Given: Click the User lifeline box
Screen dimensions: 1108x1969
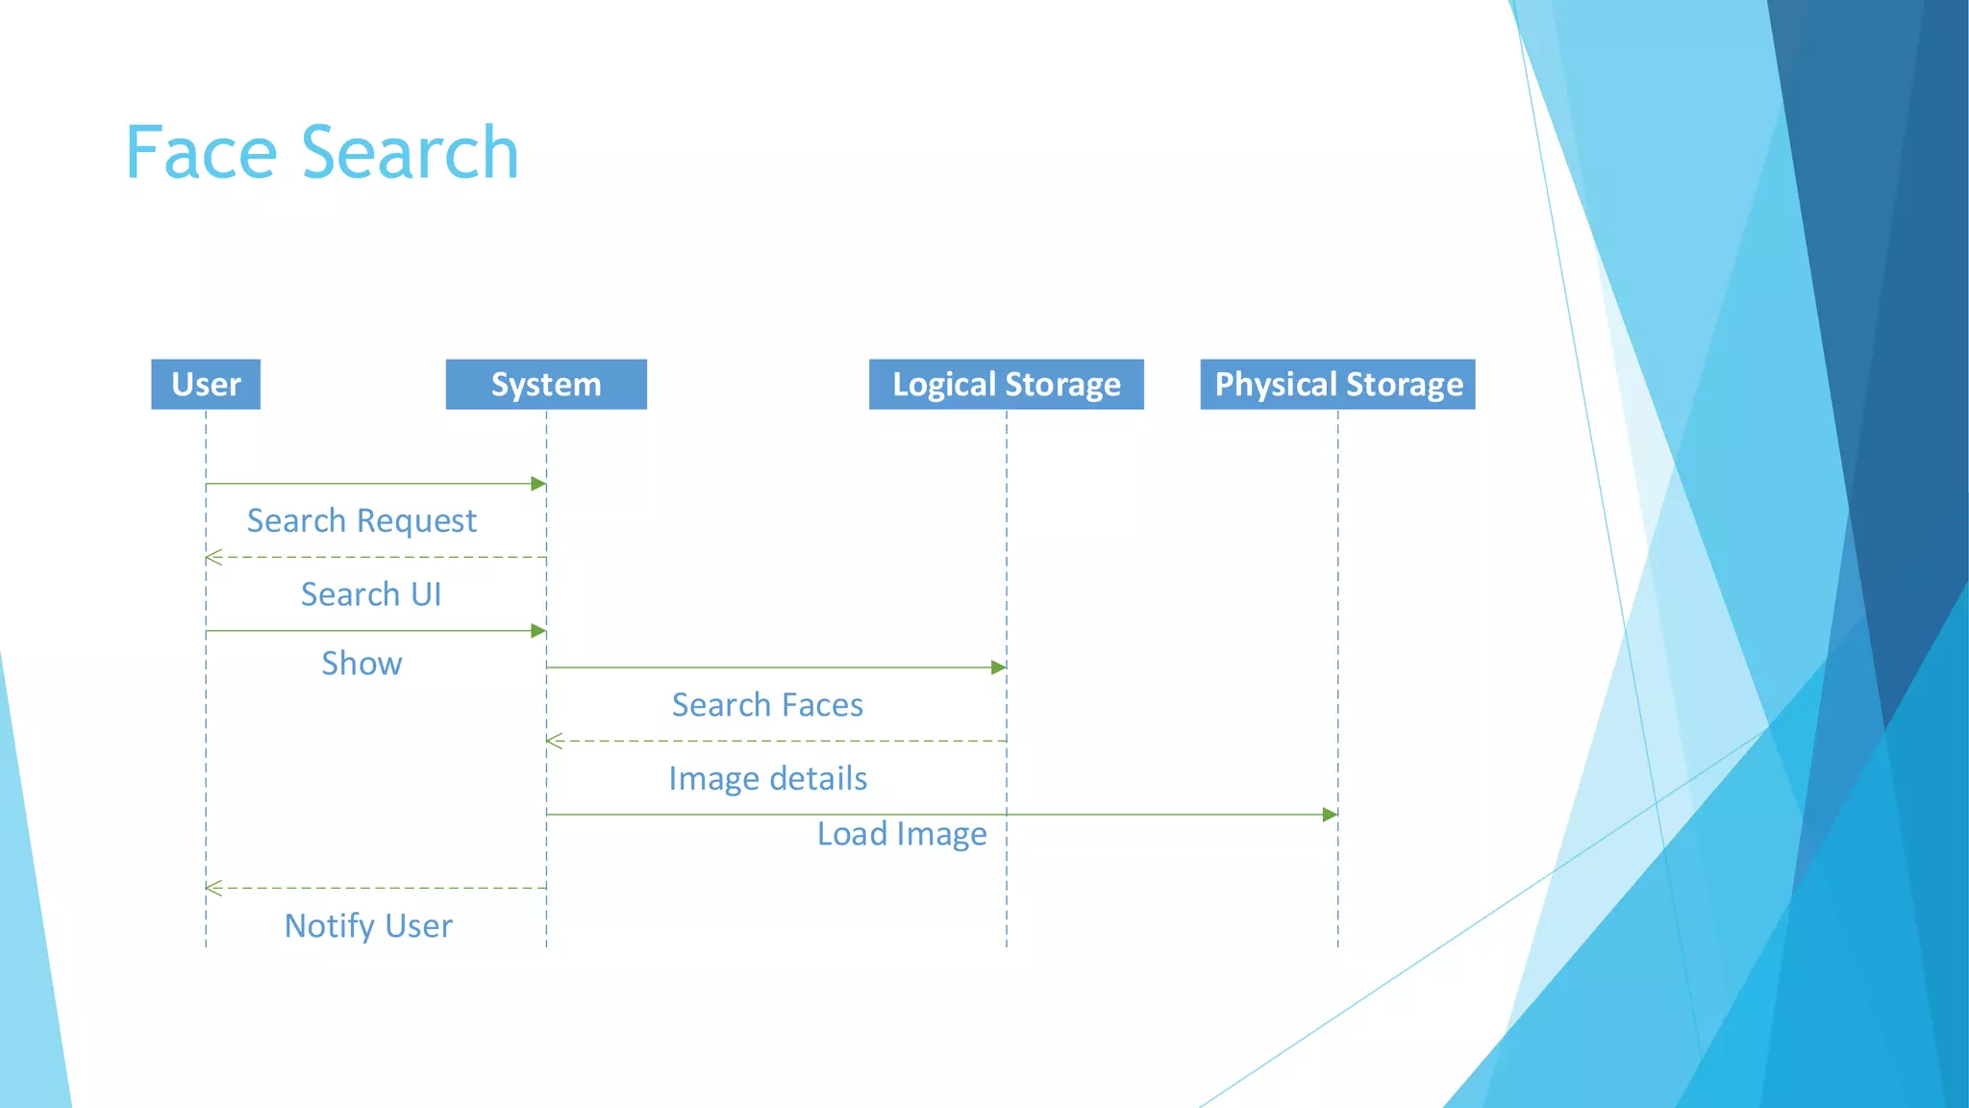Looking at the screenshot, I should click(x=206, y=385).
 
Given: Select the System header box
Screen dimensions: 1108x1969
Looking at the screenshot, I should click(x=546, y=385).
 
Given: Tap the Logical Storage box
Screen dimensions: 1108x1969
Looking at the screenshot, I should click(x=1006, y=385).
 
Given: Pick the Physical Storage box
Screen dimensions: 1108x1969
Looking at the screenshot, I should click(x=1337, y=385).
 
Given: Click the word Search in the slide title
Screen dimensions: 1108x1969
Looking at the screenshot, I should click(x=411, y=153).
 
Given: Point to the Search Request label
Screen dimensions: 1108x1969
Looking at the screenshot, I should click(x=361, y=520).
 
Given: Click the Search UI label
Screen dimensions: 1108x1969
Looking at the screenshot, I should click(x=371, y=594).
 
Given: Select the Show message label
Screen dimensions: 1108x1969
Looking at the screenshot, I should click(x=361, y=664).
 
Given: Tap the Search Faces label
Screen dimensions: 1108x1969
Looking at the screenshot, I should click(x=767, y=705).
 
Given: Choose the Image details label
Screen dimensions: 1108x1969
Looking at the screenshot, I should click(x=767, y=778).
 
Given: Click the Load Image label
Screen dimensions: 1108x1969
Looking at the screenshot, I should click(x=902, y=834).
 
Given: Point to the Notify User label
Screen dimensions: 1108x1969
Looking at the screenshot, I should click(x=368, y=925).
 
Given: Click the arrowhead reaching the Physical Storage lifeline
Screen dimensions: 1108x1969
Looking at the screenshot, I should click(x=1330, y=815).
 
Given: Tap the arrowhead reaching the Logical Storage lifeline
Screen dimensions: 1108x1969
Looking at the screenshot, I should click(x=999, y=667).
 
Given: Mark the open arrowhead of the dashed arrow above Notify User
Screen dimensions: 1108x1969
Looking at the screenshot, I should click(x=213, y=888).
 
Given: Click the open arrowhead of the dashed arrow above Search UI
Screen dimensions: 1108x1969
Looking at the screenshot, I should click(x=213, y=557).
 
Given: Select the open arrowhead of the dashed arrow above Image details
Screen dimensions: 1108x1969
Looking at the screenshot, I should click(x=554, y=741).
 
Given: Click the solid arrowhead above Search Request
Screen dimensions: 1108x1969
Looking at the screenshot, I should click(x=538, y=484).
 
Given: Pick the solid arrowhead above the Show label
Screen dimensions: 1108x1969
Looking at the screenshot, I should click(x=538, y=631).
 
